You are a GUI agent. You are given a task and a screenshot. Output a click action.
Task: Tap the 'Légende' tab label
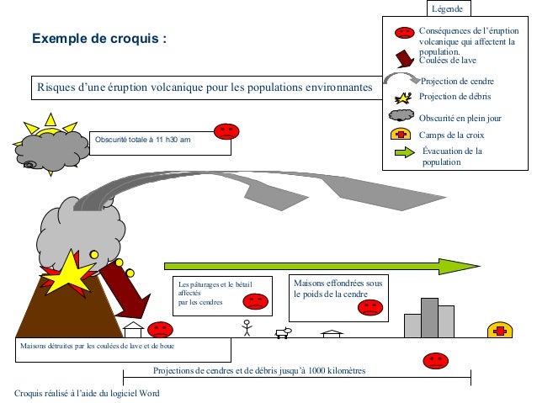pos(447,8)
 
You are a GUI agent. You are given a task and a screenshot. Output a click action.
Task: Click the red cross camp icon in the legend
pos(401,135)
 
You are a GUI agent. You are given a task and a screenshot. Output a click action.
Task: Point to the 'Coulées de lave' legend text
pos(448,61)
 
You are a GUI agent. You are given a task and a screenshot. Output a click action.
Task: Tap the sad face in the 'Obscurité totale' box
pos(226,131)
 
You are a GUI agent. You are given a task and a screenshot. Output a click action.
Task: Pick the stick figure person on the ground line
pos(247,327)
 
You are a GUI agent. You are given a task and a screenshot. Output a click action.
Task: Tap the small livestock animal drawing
pos(283,331)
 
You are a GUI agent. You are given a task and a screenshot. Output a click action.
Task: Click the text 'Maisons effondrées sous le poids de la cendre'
pos(338,289)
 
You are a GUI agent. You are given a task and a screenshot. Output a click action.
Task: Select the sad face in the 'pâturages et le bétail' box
pos(256,300)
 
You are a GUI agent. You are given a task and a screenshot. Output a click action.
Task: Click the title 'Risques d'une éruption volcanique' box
pos(203,87)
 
